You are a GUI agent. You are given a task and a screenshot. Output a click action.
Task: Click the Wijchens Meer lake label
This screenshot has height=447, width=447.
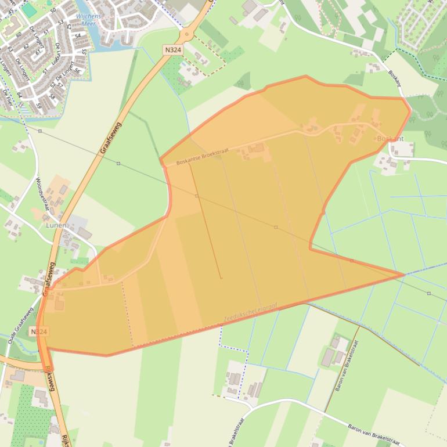(88, 20)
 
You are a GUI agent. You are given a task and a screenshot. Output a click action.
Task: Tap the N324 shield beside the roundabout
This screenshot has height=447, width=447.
(173, 50)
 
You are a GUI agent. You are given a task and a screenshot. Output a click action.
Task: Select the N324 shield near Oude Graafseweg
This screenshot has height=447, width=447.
(38, 331)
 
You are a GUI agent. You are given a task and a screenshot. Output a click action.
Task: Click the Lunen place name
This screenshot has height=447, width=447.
(56, 225)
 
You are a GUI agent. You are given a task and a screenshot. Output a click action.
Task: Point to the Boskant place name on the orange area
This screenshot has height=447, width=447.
(390, 139)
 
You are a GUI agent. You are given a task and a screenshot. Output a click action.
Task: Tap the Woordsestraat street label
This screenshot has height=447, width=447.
(42, 196)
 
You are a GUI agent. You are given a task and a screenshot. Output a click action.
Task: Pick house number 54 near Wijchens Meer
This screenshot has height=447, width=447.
(78, 35)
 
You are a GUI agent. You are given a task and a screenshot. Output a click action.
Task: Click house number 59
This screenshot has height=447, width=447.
(39, 106)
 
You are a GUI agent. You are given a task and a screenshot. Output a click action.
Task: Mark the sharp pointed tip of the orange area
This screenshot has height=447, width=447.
(403, 275)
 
